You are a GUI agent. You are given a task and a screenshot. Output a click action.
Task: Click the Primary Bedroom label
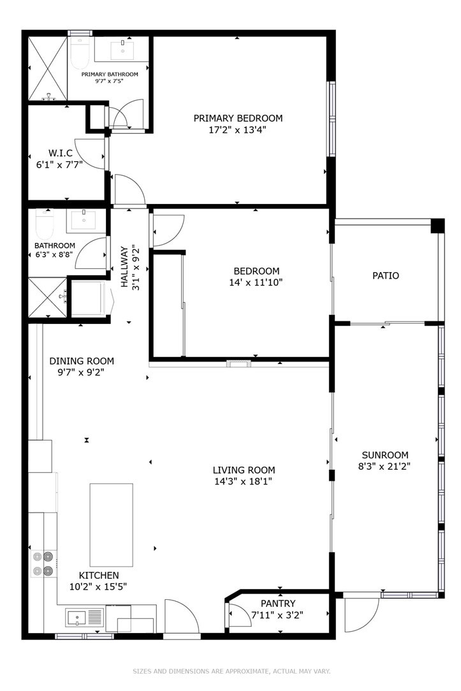238,118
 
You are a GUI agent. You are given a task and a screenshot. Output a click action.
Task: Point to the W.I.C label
60,154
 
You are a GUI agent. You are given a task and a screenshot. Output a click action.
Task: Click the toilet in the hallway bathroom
45,223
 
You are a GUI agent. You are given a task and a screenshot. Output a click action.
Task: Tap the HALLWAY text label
125,268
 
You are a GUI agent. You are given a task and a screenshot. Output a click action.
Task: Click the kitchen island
111,525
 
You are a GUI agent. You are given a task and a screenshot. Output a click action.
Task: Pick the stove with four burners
43,564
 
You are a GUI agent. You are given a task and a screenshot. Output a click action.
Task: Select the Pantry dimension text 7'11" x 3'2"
277,615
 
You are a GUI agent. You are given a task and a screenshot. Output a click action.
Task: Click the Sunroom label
384,455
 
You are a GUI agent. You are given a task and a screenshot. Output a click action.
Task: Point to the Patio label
386,276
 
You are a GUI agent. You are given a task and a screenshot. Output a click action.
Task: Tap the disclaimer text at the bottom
231,671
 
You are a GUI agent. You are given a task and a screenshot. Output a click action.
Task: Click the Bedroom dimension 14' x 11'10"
256,282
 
